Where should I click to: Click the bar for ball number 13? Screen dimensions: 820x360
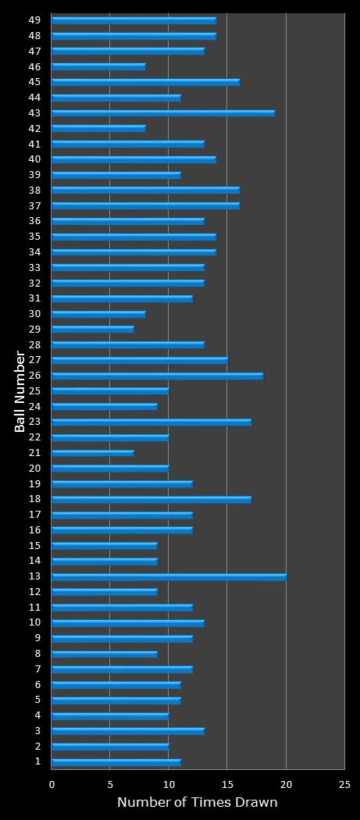tap(169, 577)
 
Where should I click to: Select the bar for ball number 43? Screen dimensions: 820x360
tap(162, 113)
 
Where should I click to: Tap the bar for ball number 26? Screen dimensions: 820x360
tap(157, 376)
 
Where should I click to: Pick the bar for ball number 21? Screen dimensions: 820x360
tap(92, 453)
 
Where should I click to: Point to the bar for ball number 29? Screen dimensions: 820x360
tap(92, 330)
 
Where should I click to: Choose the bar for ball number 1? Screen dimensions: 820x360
tap(116, 762)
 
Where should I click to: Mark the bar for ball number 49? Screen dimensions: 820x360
tap(134, 20)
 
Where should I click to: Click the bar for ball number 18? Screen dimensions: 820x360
tap(151, 500)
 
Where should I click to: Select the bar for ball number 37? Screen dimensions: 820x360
tap(145, 206)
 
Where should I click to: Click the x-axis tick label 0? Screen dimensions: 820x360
tap(52, 784)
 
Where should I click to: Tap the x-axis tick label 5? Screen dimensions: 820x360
tap(110, 784)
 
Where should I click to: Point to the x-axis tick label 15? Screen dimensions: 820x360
tap(227, 784)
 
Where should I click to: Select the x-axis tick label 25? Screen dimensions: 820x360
tap(344, 784)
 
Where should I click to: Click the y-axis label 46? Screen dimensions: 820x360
tap(35, 66)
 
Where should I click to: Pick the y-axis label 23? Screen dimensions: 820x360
tap(35, 422)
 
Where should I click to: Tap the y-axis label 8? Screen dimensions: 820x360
tap(37, 654)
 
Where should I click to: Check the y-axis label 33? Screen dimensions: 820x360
tap(35, 267)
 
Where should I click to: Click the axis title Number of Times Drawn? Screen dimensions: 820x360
tap(197, 803)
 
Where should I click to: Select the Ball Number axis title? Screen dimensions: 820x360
tap(20, 391)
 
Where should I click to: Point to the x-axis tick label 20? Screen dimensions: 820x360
tap(286, 784)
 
